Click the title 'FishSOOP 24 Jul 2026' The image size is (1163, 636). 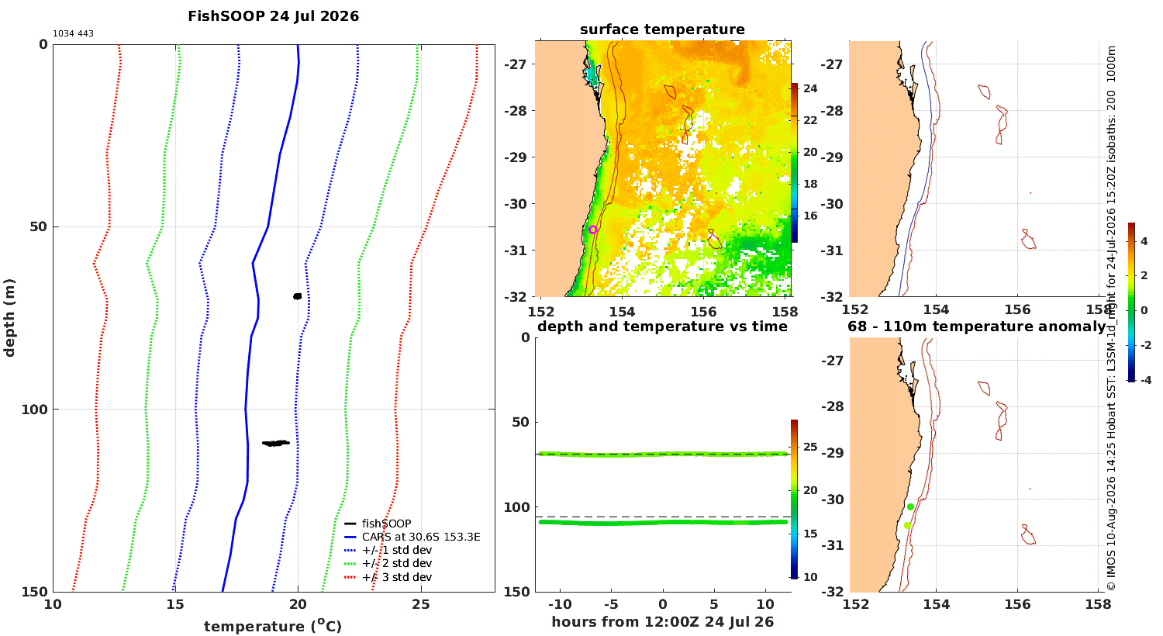click(x=273, y=16)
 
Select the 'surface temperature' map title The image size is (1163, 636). click(x=662, y=29)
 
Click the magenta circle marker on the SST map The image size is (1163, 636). click(x=593, y=230)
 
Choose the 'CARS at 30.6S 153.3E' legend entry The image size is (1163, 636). click(x=412, y=537)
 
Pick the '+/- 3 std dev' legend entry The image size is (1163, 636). click(x=388, y=577)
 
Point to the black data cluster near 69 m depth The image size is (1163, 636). click(x=297, y=296)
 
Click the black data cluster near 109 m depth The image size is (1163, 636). click(x=276, y=443)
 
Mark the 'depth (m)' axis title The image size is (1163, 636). click(x=9, y=318)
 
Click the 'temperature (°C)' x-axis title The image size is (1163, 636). click(x=273, y=626)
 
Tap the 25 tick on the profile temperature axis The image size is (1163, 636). click(x=420, y=604)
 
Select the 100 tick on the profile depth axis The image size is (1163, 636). click(x=34, y=410)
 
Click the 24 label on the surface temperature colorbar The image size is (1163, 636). click(x=810, y=88)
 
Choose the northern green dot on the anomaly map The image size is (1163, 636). click(x=910, y=506)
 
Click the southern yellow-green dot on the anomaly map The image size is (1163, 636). click(x=907, y=525)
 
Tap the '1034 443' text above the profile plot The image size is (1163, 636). click(x=73, y=34)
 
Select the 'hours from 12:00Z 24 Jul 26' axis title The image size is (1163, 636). click(x=662, y=621)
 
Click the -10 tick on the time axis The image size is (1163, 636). click(x=560, y=604)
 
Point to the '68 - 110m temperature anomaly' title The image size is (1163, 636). click(x=976, y=326)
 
